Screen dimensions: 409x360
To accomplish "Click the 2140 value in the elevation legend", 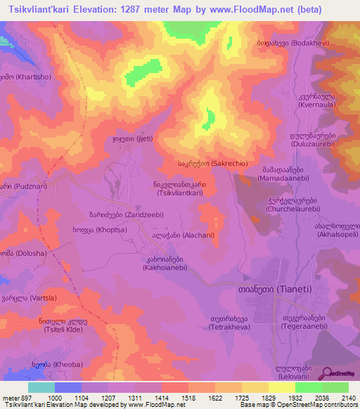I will tap(349, 398).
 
